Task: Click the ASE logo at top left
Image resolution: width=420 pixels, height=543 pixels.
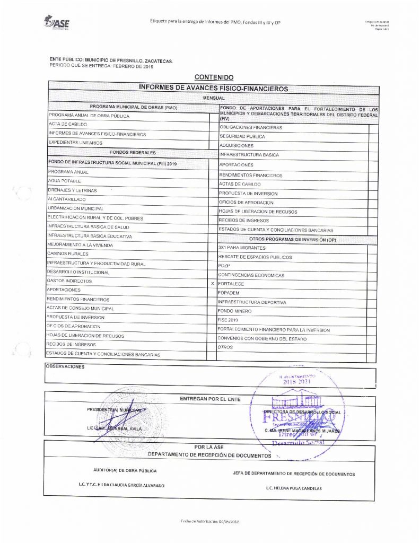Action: [57, 22]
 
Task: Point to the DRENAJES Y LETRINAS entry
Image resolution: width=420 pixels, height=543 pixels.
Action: [72, 190]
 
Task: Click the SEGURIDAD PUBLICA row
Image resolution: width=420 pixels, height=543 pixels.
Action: [242, 137]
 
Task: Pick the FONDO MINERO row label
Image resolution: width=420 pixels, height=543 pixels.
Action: [234, 311]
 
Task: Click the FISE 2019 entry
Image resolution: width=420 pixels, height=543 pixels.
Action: [229, 320]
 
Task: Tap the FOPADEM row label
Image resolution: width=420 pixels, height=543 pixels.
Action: [230, 293]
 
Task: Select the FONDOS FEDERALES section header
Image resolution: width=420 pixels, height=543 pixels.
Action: [132, 152]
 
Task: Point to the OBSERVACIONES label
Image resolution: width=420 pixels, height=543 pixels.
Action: [65, 366]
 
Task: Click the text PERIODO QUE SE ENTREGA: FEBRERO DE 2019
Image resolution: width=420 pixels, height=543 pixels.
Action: [101, 66]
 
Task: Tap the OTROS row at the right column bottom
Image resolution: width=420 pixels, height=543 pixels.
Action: [226, 347]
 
